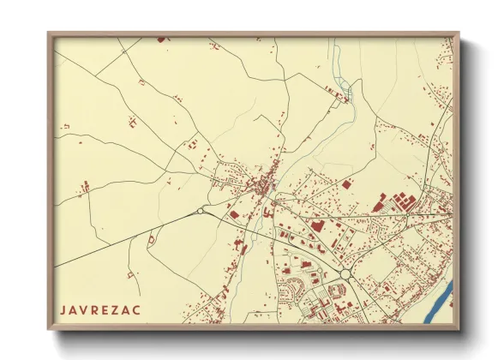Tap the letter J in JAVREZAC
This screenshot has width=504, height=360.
pyautogui.click(x=63, y=308)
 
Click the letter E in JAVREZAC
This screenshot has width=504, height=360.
pyautogui.click(x=107, y=308)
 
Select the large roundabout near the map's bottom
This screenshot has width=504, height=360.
pyautogui.click(x=346, y=274)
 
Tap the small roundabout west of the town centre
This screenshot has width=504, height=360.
pyautogui.click(x=201, y=211)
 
